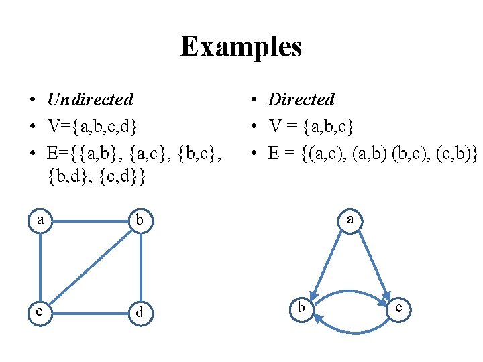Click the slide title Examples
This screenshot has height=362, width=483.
pos(241,47)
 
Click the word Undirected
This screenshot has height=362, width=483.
pos(90,99)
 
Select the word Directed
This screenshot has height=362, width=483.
pos(301,99)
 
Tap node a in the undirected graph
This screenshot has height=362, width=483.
pos(40,219)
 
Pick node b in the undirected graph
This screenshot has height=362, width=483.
pos(140,220)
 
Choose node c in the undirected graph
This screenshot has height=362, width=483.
pos(40,312)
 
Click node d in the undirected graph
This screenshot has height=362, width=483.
pos(140,313)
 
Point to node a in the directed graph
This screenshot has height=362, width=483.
pos(350,219)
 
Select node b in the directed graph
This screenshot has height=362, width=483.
pos(301,309)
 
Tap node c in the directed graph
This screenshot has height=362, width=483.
pos(398,308)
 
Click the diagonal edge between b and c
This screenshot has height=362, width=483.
pos(90,265)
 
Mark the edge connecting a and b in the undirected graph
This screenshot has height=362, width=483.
pos(90,219)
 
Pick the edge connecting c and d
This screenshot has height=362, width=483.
pos(90,312)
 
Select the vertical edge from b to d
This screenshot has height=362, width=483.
pos(141,266)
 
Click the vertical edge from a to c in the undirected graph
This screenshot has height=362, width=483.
pos(40,265)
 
